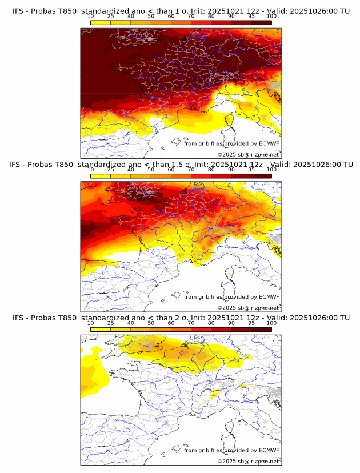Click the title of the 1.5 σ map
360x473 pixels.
181,165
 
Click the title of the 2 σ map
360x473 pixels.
181,318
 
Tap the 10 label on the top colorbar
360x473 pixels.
91,17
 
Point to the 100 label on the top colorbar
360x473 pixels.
271,17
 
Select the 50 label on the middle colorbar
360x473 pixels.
151,170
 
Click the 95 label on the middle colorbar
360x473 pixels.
251,170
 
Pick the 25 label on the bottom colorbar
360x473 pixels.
111,323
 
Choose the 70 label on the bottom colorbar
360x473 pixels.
191,323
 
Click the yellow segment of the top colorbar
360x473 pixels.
101,22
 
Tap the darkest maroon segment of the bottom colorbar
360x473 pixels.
261,329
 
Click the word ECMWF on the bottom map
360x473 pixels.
269,450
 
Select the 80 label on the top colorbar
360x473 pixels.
211,17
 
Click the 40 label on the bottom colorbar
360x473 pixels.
131,323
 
